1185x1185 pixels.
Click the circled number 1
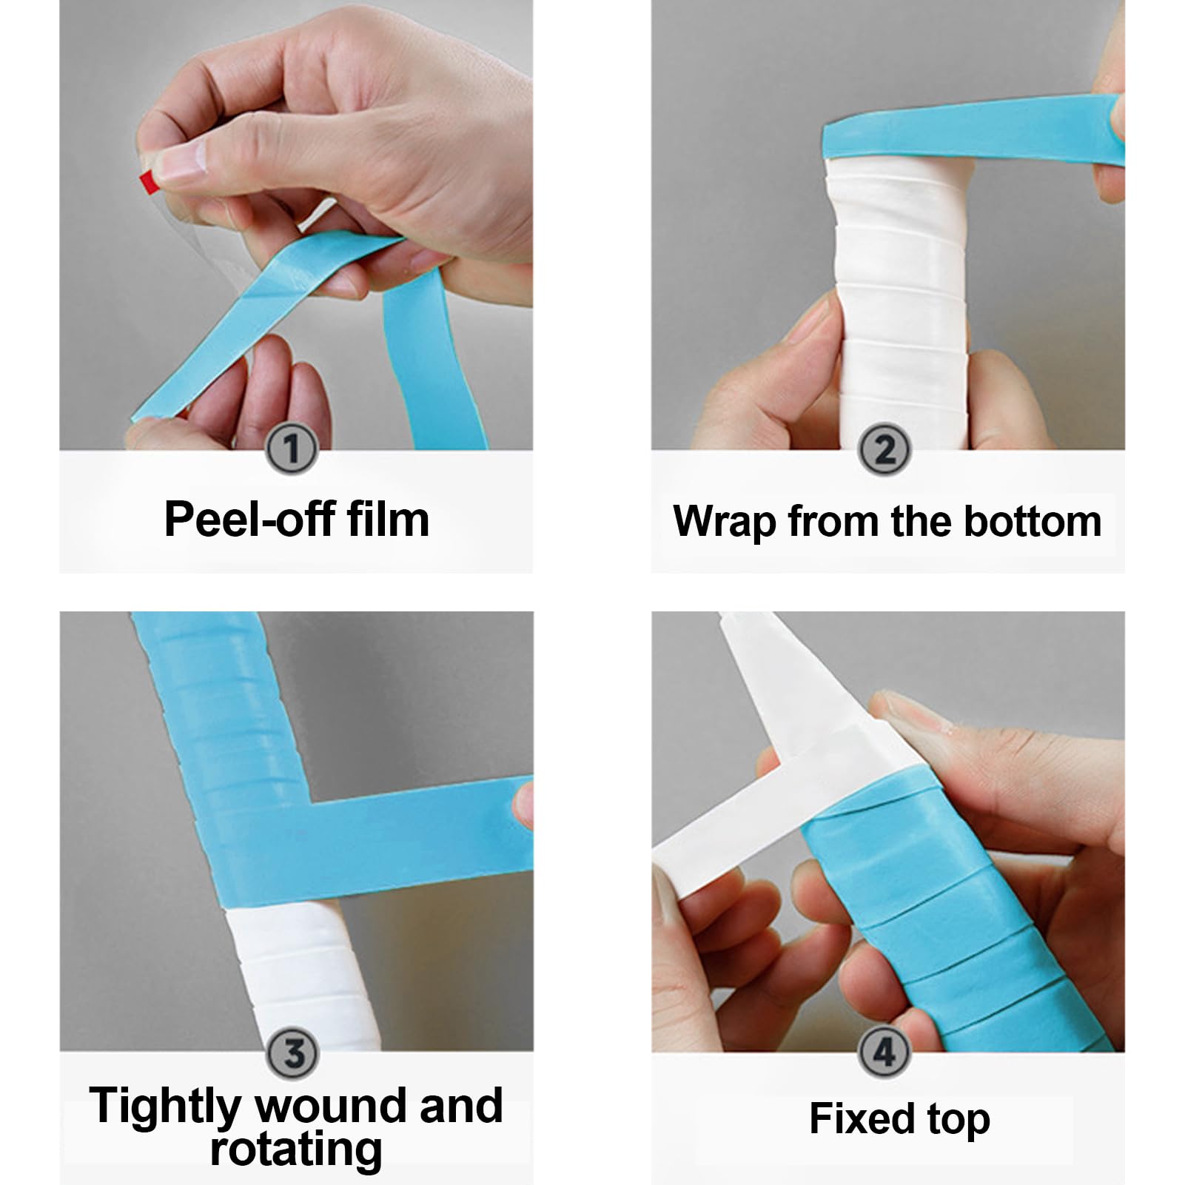pyautogui.click(x=292, y=449)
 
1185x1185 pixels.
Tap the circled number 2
pyautogui.click(x=884, y=449)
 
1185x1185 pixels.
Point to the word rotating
pyautogui.click(x=296, y=1149)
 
